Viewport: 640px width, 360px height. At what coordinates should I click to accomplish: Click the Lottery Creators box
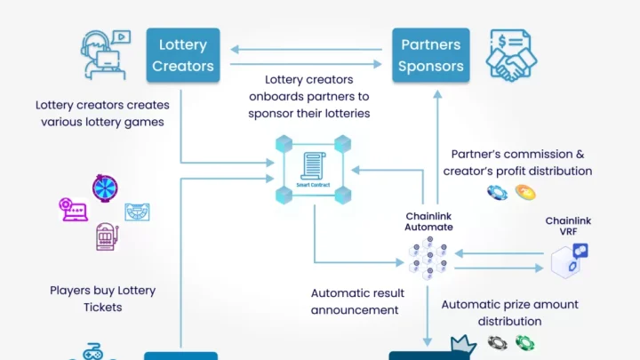point(182,54)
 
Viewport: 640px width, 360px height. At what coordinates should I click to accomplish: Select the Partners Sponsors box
point(430,54)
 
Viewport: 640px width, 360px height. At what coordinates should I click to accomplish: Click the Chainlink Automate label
point(429,221)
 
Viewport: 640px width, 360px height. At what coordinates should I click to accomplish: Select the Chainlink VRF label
point(568,226)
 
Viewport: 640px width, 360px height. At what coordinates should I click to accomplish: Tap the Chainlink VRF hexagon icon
point(568,261)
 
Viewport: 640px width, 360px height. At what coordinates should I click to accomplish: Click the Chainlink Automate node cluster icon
point(429,259)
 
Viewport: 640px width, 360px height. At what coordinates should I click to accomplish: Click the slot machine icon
point(107,236)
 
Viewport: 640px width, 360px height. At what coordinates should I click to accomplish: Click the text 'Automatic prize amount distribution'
point(509,313)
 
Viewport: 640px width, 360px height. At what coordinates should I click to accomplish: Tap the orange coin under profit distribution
point(525,192)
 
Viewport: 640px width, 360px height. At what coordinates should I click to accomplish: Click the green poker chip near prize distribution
point(525,342)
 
